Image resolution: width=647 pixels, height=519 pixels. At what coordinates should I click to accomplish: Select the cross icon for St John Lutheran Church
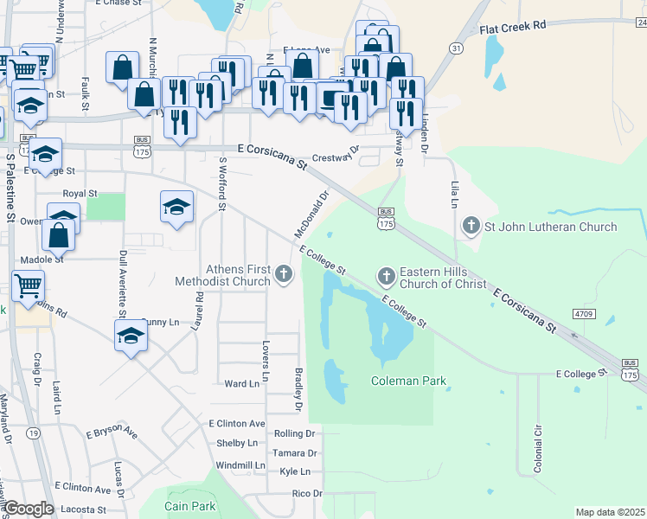click(x=471, y=227)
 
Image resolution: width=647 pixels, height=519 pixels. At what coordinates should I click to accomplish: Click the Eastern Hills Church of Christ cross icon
click(x=386, y=276)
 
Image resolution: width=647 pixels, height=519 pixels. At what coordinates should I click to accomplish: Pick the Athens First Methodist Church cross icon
click(x=284, y=275)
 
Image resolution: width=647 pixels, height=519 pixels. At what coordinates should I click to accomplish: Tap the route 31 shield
click(x=456, y=48)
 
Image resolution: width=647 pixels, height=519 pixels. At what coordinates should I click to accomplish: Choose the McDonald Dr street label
click(x=313, y=215)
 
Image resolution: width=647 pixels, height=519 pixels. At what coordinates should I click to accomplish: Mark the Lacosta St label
click(x=83, y=510)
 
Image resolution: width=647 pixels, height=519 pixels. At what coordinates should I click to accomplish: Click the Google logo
click(x=29, y=509)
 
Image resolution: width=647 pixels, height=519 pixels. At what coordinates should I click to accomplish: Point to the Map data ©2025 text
click(x=609, y=512)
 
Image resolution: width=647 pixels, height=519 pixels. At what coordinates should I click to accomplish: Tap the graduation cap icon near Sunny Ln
click(x=131, y=334)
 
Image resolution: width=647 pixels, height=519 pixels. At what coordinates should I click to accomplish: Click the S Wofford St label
click(x=222, y=183)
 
